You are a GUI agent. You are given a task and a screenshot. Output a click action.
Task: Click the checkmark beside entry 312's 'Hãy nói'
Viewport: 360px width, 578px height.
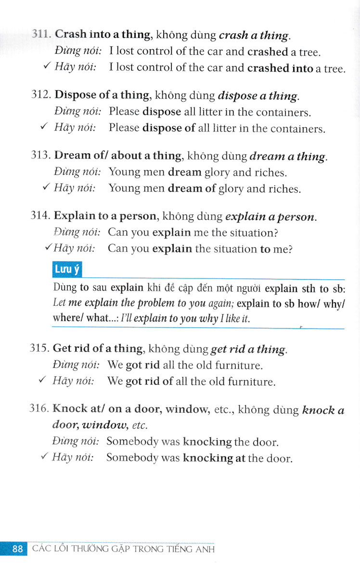point(44,127)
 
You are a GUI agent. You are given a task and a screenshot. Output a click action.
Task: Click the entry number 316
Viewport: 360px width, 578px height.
point(40,409)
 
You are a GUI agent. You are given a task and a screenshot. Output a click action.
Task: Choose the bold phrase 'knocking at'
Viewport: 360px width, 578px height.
point(214,458)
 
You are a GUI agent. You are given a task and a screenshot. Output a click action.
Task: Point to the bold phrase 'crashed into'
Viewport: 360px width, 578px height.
point(280,68)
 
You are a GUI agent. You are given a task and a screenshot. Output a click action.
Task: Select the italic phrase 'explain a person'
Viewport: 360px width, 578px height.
point(270,217)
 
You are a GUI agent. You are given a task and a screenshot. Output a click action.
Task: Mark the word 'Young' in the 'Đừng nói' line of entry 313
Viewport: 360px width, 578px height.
point(124,172)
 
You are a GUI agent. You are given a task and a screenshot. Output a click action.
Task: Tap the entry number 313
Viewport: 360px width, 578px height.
point(40,156)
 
